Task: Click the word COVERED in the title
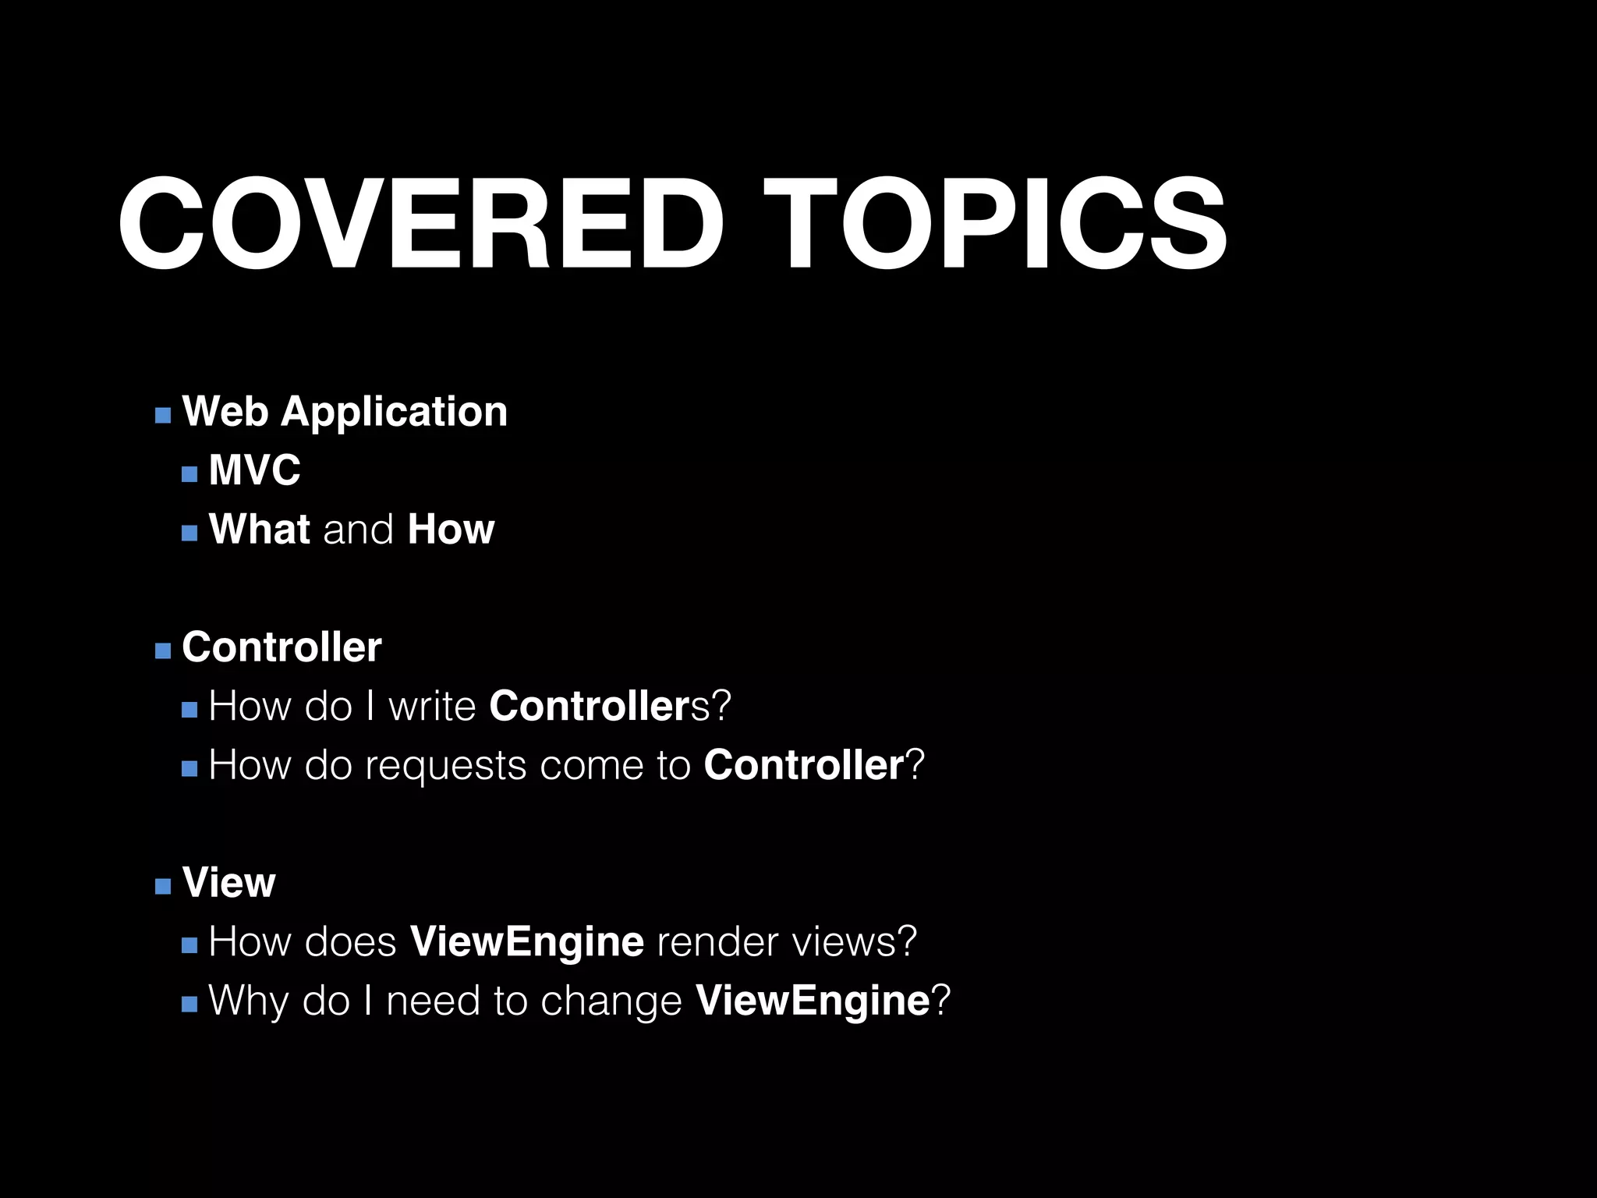pos(421,224)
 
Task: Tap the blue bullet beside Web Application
pos(163,415)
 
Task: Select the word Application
pos(394,412)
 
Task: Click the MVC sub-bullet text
pos(254,470)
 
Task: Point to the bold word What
pos(260,530)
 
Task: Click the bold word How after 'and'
pos(451,530)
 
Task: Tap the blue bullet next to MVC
pos(189,474)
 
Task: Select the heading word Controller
pos(282,647)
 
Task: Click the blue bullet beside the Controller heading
pos(163,651)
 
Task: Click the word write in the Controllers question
pos(432,706)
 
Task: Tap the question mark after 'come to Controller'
pos(915,765)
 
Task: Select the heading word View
pos(228,883)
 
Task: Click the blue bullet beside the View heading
pos(163,887)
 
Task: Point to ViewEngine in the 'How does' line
pos(527,942)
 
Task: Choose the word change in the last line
pos(611,1001)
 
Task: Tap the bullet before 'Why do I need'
pos(189,1005)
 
